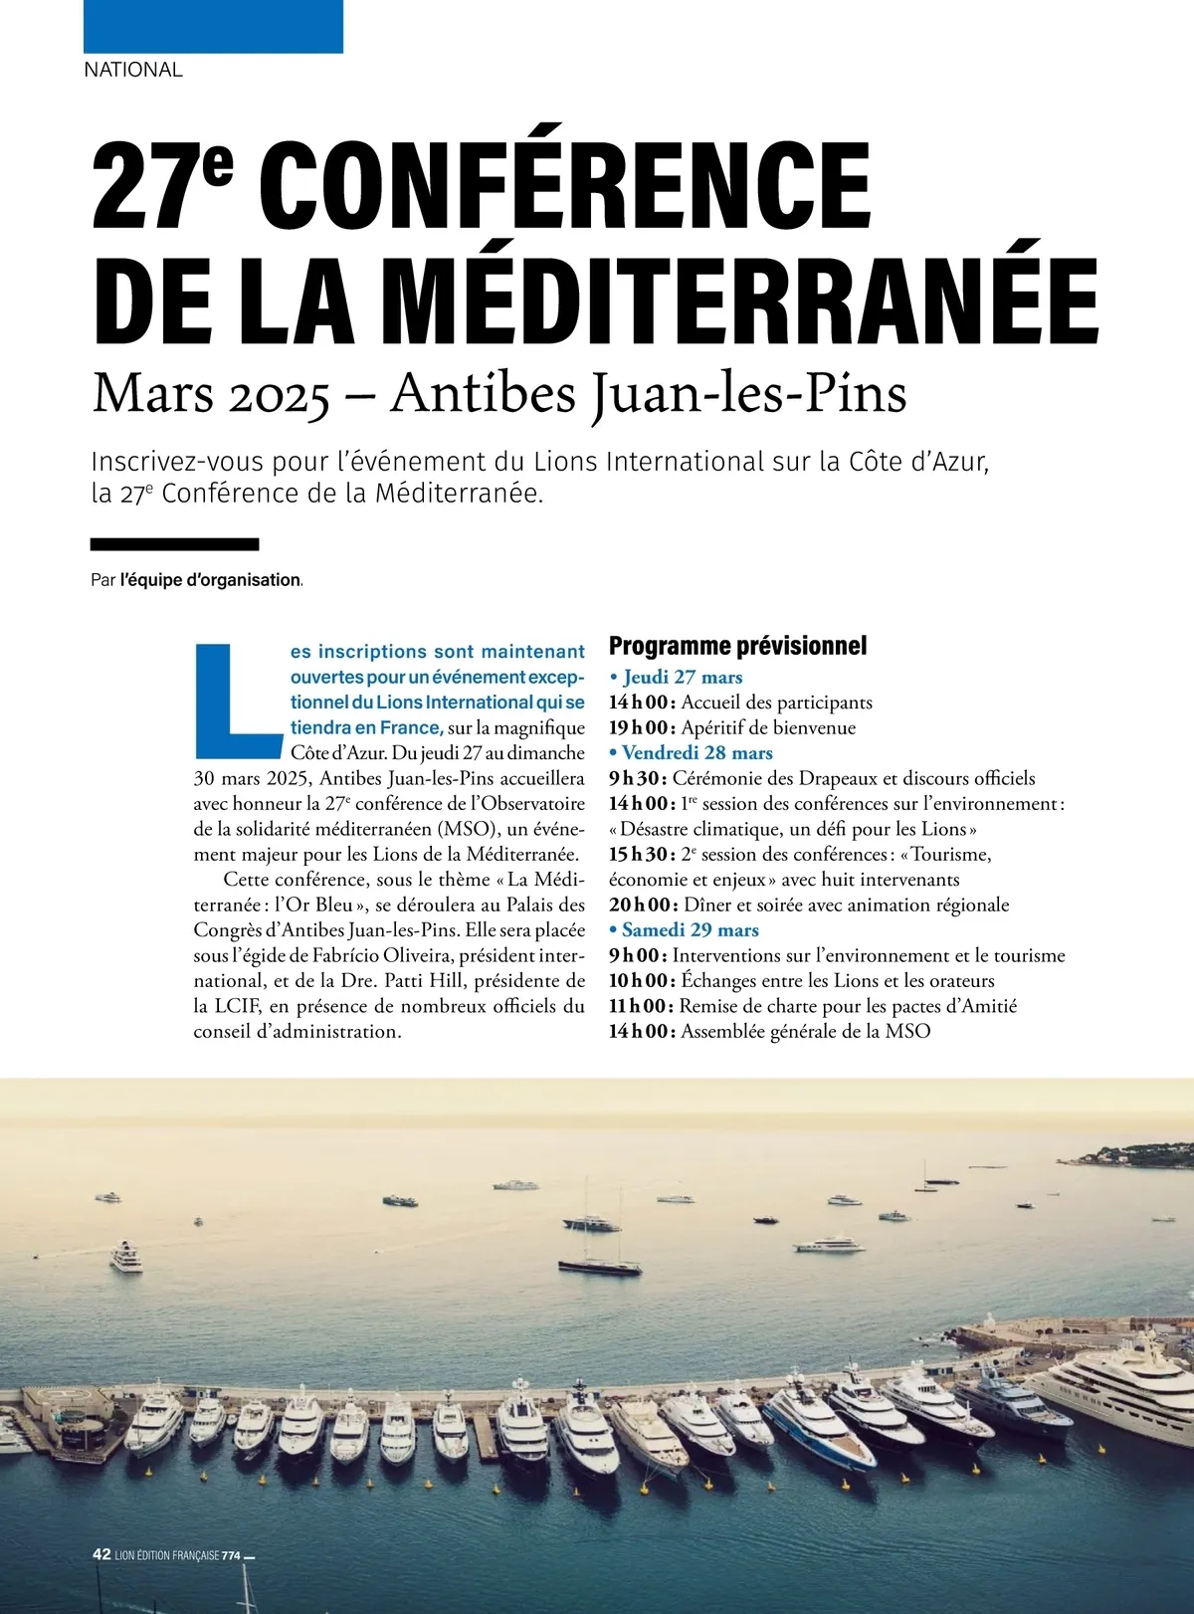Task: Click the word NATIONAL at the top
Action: [x=133, y=70]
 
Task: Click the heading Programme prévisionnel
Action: [x=737, y=646]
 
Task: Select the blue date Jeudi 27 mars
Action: [x=683, y=677]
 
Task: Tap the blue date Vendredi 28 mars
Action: [x=696, y=752]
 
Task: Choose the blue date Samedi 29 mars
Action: [x=690, y=929]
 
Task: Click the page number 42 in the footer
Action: [x=101, y=1554]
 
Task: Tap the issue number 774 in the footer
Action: [x=231, y=1555]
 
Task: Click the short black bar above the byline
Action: [x=174, y=544]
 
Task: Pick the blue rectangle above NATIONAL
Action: [x=213, y=26]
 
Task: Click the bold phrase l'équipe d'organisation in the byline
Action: [x=210, y=580]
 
